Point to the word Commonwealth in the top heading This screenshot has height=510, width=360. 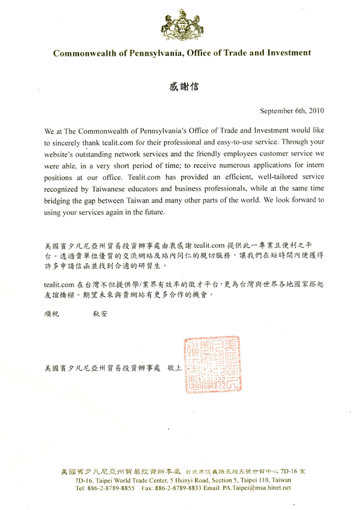(x=82, y=53)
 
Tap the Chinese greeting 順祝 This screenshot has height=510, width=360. (x=55, y=313)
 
